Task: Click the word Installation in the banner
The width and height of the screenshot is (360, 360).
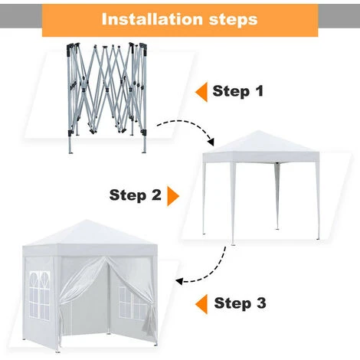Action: [x=152, y=19]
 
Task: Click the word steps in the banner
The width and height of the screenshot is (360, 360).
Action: [x=233, y=20]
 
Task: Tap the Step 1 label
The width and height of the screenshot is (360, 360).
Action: [x=237, y=91]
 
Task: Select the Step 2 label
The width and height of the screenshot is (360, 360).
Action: [x=136, y=195]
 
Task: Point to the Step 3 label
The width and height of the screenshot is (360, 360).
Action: [x=240, y=303]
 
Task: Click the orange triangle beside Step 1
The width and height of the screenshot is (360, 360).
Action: [x=201, y=92]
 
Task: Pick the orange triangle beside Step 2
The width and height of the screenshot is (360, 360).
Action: [x=173, y=196]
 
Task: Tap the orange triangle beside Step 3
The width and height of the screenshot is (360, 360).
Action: [x=201, y=304]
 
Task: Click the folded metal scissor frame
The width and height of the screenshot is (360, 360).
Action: [x=107, y=97]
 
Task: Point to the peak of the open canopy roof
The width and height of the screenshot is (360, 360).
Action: [x=258, y=131]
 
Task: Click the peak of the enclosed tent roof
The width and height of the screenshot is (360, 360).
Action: [x=87, y=220]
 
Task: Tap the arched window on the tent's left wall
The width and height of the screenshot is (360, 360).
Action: [x=40, y=296]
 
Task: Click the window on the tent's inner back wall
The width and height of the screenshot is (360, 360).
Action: [x=133, y=303]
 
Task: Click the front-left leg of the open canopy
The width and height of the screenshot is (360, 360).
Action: [x=232, y=204]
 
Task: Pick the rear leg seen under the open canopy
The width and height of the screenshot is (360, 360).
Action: [x=277, y=196]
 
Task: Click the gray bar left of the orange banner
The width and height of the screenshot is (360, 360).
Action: [x=21, y=16]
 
